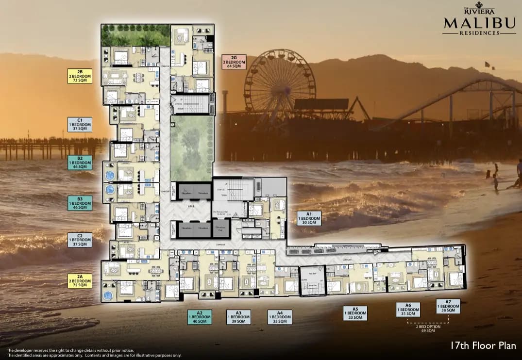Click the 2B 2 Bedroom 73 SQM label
[80, 76]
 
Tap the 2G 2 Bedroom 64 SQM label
[234, 62]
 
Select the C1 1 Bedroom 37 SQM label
[80, 124]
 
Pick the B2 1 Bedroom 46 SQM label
[80, 163]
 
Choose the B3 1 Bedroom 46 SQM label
[80, 203]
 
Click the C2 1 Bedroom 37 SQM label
[80, 240]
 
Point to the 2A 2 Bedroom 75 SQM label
[80, 280]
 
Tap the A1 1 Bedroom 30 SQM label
[309, 219]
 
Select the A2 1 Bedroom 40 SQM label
[200, 317]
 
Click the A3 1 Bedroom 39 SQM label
[238, 317]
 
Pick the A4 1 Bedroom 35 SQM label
[280, 317]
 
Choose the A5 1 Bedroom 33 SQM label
[355, 313]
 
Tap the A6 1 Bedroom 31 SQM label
[408, 309]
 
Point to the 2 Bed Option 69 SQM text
[428, 329]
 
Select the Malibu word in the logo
[479, 23]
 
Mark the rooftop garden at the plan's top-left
[135, 35]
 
